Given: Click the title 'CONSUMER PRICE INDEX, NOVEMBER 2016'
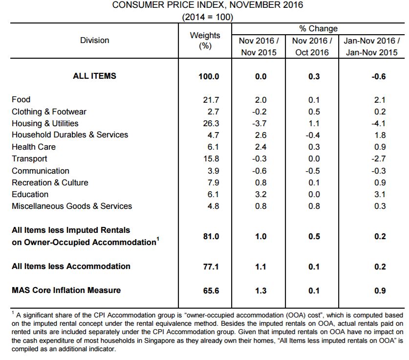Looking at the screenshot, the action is click(x=208, y=5).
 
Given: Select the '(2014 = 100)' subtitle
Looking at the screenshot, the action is click(x=207, y=17).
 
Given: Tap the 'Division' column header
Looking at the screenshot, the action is click(x=94, y=40).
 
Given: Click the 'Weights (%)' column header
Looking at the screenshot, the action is click(x=205, y=41).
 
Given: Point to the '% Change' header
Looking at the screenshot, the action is click(x=318, y=28).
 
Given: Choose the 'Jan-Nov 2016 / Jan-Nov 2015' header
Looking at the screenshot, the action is click(x=372, y=46).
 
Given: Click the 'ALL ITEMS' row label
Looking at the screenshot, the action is click(x=94, y=76).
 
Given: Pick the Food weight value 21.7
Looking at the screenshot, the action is click(x=211, y=100).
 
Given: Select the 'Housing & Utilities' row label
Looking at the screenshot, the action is click(x=45, y=123).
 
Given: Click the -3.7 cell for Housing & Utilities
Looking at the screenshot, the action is click(x=259, y=123).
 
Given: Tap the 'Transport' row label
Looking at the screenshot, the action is click(x=29, y=159).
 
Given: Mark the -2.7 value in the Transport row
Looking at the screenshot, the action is click(x=379, y=159).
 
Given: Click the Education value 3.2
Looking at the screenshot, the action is click(x=261, y=194).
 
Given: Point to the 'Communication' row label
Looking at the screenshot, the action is click(x=41, y=171).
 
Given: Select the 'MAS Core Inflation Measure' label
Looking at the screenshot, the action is click(x=66, y=290).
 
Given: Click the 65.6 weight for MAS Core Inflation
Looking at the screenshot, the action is click(x=211, y=291).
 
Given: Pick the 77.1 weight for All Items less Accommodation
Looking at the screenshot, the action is click(x=211, y=267).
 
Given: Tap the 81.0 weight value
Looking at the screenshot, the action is click(x=211, y=236).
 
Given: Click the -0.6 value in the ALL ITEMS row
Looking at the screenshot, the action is click(x=379, y=76).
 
